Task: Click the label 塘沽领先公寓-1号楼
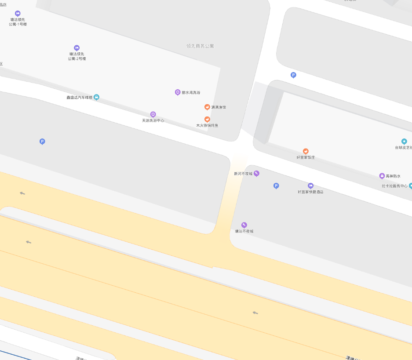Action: tap(18, 22)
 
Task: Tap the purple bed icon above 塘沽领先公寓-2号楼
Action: tap(77, 48)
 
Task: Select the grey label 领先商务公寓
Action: tap(200, 46)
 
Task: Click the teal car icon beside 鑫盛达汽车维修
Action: tap(96, 97)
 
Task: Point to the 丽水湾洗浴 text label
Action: tap(191, 93)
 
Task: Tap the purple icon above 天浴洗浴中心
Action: tap(153, 114)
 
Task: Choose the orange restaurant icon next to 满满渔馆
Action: tap(207, 107)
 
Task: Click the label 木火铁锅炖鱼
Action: tap(207, 126)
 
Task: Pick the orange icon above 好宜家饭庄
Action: tap(306, 151)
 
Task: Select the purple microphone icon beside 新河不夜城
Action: tap(257, 174)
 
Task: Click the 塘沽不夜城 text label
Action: tap(244, 231)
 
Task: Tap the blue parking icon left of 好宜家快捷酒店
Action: tap(276, 186)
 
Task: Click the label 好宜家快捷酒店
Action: tap(310, 192)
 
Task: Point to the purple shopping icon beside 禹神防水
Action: tap(382, 176)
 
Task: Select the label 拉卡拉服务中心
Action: tap(394, 186)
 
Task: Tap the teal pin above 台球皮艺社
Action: tap(404, 142)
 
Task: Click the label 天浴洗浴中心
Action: tap(153, 120)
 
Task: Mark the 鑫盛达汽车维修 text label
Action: tap(79, 98)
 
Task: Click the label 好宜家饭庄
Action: tap(306, 157)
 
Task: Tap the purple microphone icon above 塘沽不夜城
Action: tap(244, 225)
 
